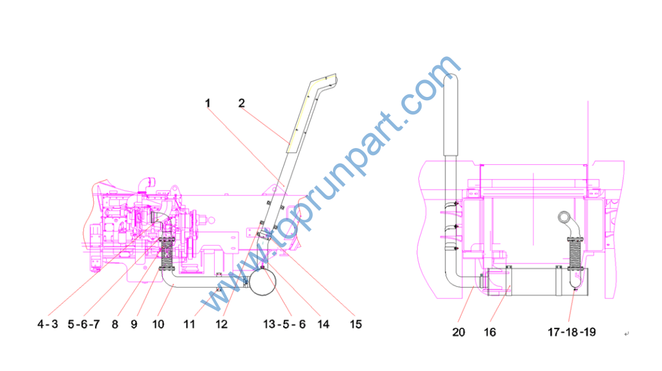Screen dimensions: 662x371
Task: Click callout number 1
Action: point(208,103)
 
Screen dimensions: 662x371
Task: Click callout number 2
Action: point(242,103)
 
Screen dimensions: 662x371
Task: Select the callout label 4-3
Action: point(48,324)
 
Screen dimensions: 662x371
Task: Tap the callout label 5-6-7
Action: point(83,324)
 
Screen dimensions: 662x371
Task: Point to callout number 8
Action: point(115,324)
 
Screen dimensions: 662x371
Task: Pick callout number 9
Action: point(134,324)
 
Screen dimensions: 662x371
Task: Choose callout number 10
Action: point(158,324)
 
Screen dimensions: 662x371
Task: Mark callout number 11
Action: point(189,324)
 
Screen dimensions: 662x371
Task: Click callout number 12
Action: point(221,324)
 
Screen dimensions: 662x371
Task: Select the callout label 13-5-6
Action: point(284,324)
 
